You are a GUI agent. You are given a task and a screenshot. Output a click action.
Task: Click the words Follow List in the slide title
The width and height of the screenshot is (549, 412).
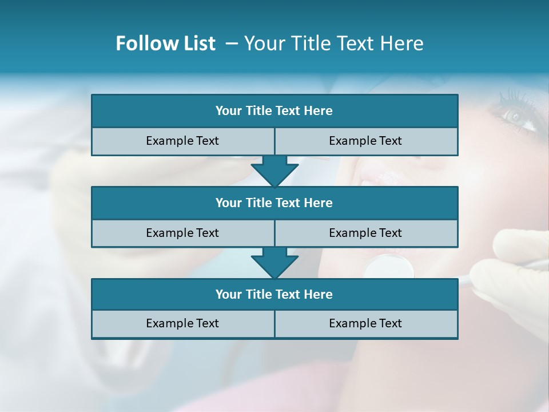tap(165, 43)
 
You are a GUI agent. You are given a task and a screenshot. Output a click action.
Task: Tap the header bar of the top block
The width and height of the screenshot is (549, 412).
tap(274, 111)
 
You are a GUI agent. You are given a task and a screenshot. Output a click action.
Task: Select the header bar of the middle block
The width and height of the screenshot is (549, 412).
tap(274, 203)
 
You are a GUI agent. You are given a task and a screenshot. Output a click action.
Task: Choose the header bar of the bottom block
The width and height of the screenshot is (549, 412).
tap(274, 294)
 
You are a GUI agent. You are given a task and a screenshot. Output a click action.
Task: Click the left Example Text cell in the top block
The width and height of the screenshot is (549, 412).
tap(182, 141)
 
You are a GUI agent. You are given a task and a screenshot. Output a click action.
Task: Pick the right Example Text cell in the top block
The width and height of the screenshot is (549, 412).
tap(365, 141)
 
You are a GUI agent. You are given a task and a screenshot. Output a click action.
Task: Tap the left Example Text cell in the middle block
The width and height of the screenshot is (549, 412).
tap(182, 233)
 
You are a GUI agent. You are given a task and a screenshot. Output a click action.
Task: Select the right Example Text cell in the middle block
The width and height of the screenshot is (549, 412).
tap(365, 233)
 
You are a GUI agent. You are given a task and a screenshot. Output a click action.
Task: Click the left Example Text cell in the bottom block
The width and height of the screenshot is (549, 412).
tap(182, 323)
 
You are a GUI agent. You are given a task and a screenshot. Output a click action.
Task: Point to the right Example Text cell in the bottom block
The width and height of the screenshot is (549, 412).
tap(365, 323)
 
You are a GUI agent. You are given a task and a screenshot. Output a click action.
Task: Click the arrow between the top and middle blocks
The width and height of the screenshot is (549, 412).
tap(274, 171)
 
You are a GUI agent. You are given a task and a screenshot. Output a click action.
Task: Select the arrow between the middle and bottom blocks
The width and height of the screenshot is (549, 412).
tap(274, 263)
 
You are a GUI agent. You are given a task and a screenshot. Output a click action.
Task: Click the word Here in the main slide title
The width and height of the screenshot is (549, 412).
tap(403, 43)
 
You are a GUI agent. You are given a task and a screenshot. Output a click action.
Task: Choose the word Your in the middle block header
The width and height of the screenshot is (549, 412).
tap(229, 203)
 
